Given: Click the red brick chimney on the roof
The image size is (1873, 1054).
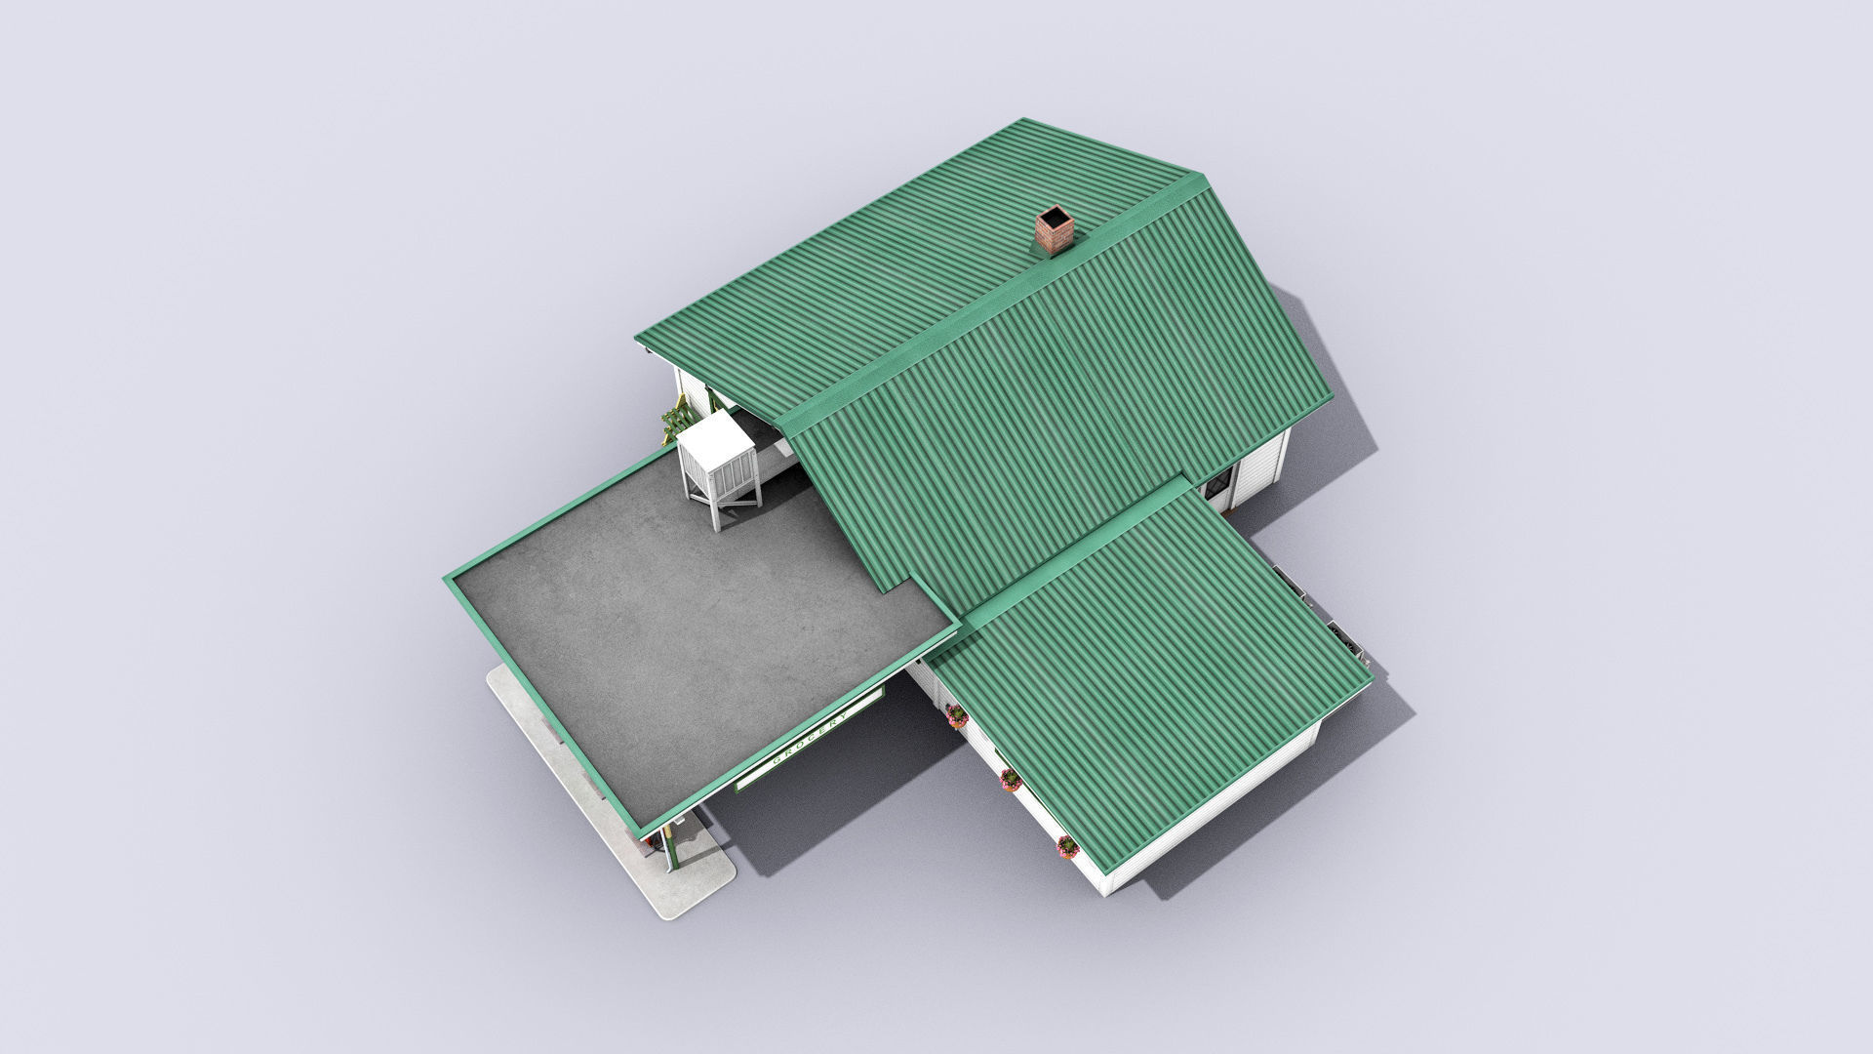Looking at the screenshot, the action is point(1055,230).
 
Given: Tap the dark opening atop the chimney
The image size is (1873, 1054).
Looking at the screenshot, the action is point(1056,217).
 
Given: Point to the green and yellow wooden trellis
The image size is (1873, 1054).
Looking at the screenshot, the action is point(679,422).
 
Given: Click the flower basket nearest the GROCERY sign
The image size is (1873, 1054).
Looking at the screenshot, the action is point(956,717).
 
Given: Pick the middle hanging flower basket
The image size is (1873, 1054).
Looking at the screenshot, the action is point(1010,779).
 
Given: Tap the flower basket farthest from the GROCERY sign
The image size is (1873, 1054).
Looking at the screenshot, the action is point(1066,845).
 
